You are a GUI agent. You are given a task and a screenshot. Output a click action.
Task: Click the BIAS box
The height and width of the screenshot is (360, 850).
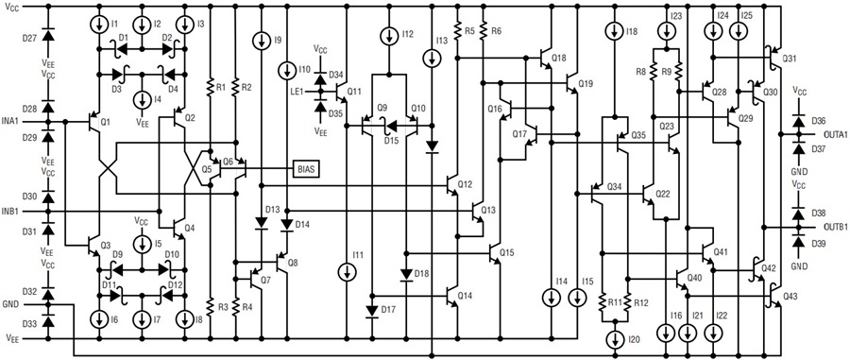(x=305, y=169)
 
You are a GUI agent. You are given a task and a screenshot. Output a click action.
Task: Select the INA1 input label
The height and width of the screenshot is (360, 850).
(x=10, y=121)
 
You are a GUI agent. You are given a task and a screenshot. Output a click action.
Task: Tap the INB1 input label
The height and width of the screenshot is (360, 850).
(x=10, y=211)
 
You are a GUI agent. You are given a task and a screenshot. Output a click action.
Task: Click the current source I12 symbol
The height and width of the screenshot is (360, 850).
(x=389, y=37)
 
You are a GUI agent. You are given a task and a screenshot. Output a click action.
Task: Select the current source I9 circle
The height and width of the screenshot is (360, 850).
(x=262, y=40)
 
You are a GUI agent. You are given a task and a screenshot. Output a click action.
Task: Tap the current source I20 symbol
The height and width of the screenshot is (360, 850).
(x=615, y=340)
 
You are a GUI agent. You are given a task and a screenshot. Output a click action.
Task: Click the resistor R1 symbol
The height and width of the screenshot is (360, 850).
(x=211, y=86)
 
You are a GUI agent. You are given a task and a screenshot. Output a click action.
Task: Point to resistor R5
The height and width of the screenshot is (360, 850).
(x=458, y=31)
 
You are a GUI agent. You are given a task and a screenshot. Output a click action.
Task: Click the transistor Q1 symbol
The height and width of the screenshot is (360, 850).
(x=94, y=121)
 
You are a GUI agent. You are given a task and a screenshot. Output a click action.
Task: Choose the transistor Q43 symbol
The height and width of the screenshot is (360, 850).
(x=774, y=295)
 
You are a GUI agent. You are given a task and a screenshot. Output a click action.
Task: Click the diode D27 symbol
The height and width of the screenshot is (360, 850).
(x=48, y=35)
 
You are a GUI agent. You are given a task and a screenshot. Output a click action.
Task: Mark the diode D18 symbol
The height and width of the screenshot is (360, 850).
(x=406, y=275)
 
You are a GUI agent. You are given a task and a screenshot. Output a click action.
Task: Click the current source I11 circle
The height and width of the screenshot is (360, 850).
(x=346, y=273)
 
